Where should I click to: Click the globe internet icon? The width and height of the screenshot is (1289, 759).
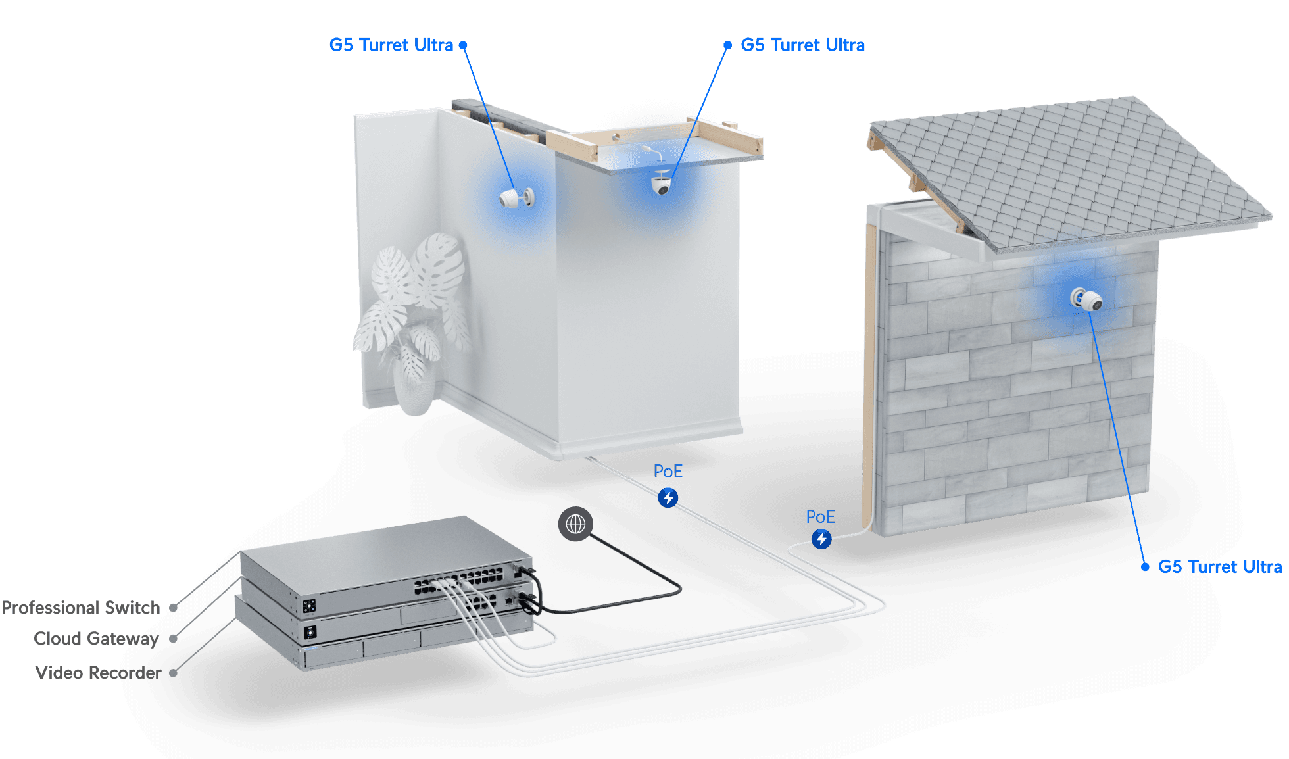coord(575,524)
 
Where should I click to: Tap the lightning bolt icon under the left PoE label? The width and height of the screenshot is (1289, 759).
coord(668,498)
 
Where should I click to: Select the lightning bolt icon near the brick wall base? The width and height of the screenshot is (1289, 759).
coord(821,539)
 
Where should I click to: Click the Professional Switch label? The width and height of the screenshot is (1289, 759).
coord(81,608)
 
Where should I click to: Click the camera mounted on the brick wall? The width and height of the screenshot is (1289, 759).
coord(1086,300)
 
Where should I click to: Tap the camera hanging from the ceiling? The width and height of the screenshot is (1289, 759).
coord(661,184)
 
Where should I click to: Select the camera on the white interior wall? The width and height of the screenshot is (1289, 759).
coord(516,197)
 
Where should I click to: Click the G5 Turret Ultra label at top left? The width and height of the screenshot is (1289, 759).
coord(391,45)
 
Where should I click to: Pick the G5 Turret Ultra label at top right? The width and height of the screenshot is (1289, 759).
coord(802,45)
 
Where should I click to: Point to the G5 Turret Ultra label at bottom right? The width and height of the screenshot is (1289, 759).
coord(1219,566)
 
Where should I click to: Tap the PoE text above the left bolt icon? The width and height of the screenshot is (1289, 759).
coord(668,471)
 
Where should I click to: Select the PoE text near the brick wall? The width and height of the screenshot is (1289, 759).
coord(821,516)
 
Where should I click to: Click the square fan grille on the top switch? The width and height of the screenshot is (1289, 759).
coord(310,605)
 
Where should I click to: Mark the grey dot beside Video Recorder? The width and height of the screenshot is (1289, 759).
coord(174,673)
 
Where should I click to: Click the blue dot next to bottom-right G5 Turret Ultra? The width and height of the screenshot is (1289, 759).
coord(1145,566)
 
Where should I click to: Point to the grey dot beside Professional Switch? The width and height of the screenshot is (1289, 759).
coord(174,608)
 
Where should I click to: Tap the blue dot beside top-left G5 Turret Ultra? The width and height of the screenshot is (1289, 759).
coord(463,45)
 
